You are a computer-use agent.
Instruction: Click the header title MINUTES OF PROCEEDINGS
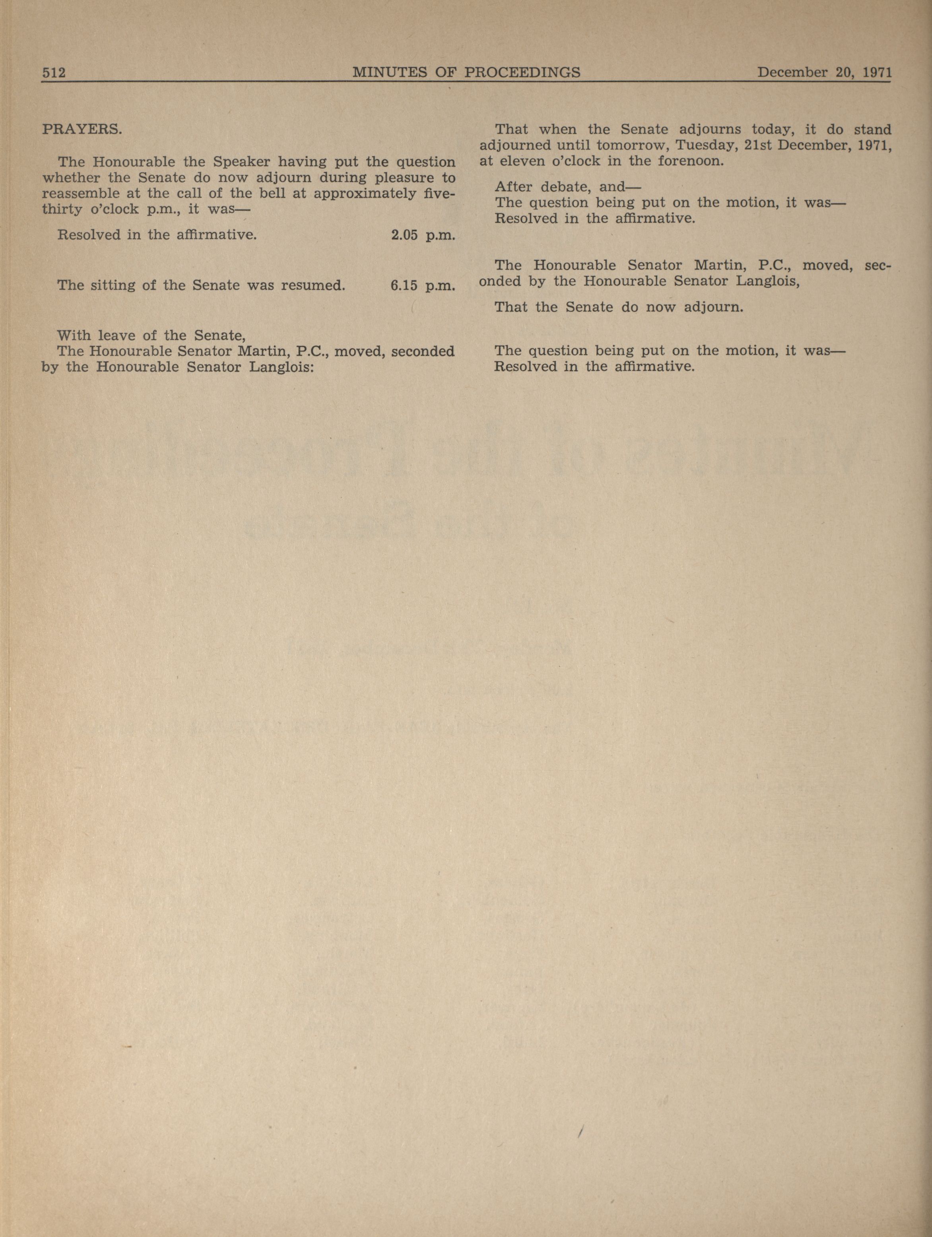[x=466, y=72]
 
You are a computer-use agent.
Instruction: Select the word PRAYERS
[x=82, y=129]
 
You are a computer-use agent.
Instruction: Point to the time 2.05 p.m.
[x=423, y=235]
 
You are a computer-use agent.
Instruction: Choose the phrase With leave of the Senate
[x=151, y=335]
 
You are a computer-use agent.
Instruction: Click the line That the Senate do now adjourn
[x=618, y=307]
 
